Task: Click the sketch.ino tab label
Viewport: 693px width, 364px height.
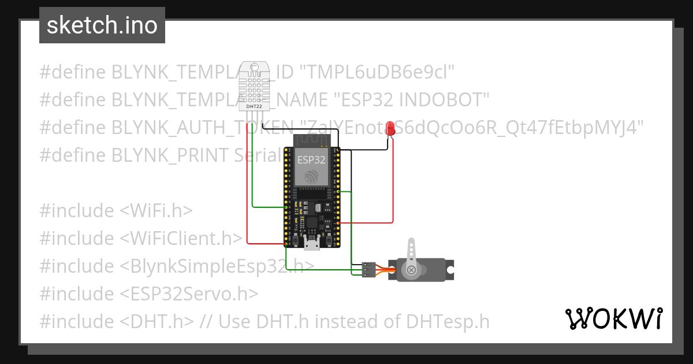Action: coord(102,25)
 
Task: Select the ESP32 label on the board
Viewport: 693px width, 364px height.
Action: coord(312,158)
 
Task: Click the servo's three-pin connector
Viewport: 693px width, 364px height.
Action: coord(368,270)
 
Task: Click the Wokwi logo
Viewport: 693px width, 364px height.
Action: coord(613,318)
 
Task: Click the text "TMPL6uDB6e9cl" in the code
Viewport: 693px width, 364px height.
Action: coord(379,72)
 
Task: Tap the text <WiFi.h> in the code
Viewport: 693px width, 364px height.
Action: coord(156,211)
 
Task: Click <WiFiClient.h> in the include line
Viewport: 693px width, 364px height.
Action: coord(181,238)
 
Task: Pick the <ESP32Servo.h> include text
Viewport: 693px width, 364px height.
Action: coord(189,294)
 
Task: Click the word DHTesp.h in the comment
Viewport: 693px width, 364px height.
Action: coord(448,321)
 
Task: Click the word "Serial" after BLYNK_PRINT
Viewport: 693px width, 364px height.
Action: coord(258,155)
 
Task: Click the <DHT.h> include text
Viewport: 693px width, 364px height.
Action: coord(157,321)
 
